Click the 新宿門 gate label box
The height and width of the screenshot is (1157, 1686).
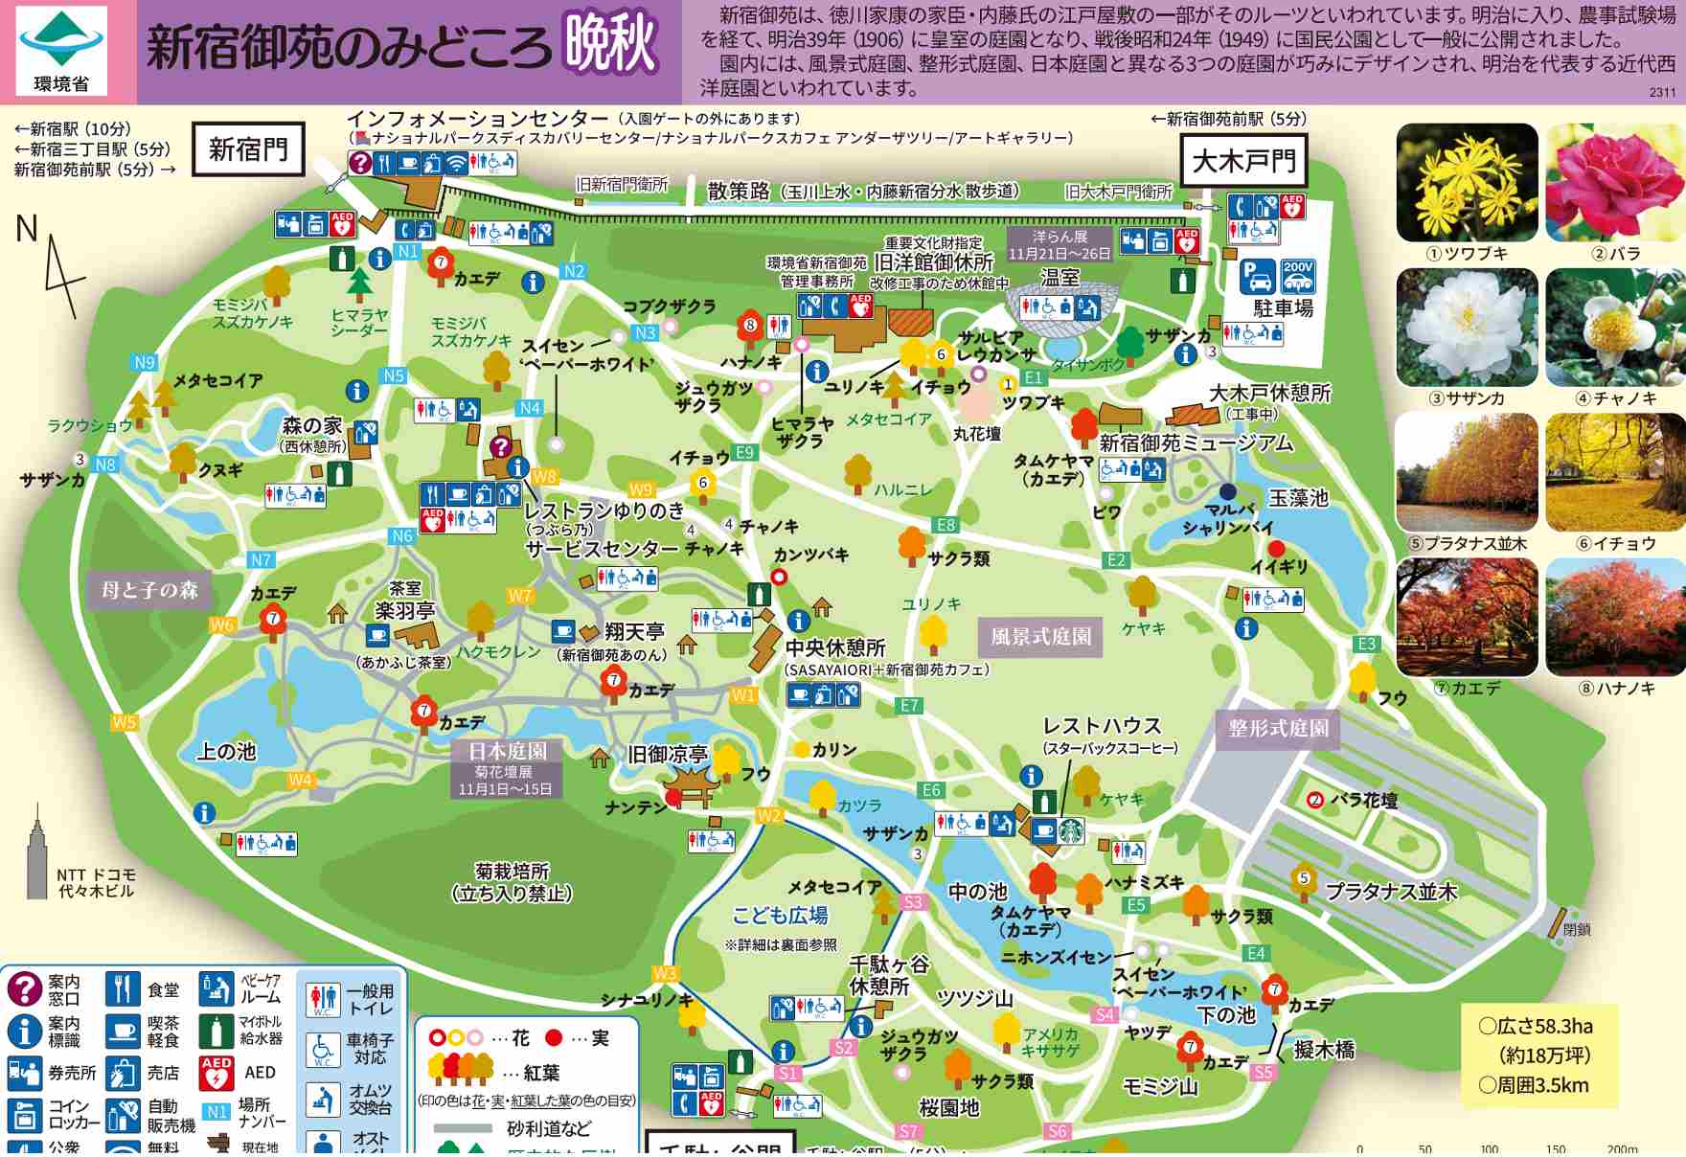coord(248,149)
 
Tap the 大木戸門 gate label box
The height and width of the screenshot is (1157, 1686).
coord(1243,161)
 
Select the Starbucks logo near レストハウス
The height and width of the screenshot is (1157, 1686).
coord(1070,829)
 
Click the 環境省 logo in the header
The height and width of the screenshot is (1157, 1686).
coord(61,50)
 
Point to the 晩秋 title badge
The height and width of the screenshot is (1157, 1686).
coord(610,43)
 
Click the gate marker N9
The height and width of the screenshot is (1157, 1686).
coord(144,363)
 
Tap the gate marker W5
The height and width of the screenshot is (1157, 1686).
coord(125,722)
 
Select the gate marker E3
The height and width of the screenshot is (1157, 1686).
coord(1366,644)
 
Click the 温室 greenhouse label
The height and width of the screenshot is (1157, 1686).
coord(1059,278)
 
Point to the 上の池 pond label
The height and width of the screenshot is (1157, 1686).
coord(226,752)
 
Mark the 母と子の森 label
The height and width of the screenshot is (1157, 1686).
coord(149,589)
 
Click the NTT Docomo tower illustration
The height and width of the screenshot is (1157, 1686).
coord(37,855)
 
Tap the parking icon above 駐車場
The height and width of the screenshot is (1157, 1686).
coord(1257,277)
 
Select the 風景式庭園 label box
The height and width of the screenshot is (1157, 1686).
coord(1040,637)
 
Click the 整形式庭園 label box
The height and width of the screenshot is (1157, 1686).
coord(1278,728)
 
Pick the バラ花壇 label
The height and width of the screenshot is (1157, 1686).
coord(1363,800)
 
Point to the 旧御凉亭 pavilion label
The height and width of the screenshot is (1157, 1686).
coord(667,755)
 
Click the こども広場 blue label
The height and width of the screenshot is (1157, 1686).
coord(780,915)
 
